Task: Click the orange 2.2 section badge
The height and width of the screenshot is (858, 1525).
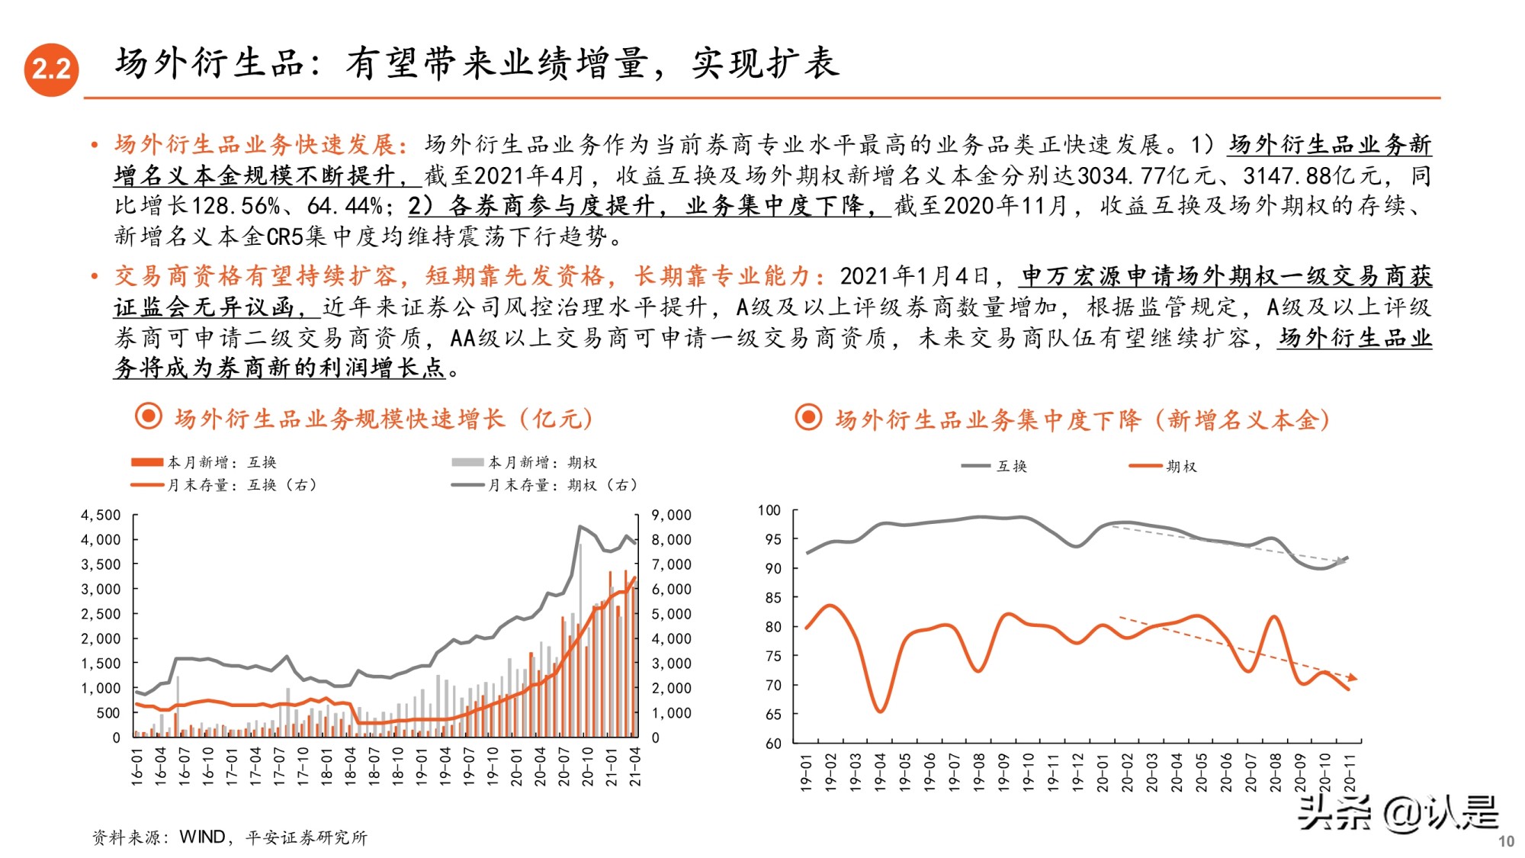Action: click(51, 69)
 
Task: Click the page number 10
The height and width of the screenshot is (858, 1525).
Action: click(1506, 841)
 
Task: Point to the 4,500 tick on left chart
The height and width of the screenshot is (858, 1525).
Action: click(101, 515)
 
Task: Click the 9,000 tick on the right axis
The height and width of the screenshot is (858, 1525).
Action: click(671, 515)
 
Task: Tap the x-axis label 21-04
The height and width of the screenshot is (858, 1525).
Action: click(634, 766)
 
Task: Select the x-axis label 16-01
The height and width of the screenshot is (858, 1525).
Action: click(136, 766)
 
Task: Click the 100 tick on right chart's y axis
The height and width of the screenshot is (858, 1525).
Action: click(769, 510)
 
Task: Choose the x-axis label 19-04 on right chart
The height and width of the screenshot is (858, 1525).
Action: click(880, 772)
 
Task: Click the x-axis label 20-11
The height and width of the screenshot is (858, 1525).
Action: click(1350, 772)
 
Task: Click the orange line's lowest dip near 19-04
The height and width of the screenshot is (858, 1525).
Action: click(880, 711)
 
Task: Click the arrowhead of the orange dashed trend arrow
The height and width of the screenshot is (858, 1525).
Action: click(1353, 677)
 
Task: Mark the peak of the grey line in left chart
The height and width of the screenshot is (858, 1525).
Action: click(580, 526)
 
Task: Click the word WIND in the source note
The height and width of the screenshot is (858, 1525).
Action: click(202, 837)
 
